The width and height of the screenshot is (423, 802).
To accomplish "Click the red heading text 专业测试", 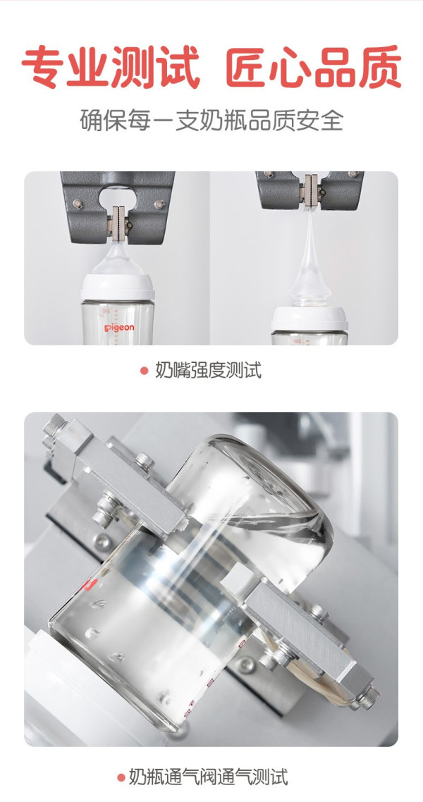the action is click(x=111, y=67).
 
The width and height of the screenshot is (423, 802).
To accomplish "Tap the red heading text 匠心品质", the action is click(x=314, y=67).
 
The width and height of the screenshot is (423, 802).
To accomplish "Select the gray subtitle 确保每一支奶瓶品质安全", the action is click(x=211, y=121).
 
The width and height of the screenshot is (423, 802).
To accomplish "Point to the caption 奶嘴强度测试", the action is click(x=208, y=370).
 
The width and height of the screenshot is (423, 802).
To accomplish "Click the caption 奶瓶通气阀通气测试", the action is click(x=208, y=777).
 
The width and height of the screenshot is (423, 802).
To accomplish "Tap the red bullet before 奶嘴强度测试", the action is click(x=145, y=370).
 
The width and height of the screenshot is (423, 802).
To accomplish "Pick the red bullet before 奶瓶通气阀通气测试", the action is click(x=121, y=778).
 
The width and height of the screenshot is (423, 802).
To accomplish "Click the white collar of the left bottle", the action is click(x=118, y=288).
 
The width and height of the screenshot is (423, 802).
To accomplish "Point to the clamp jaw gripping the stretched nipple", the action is click(x=310, y=190).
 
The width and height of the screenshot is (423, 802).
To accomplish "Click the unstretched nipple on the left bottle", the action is click(x=118, y=258).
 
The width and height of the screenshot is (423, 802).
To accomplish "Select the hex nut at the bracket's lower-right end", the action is click(x=368, y=697).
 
